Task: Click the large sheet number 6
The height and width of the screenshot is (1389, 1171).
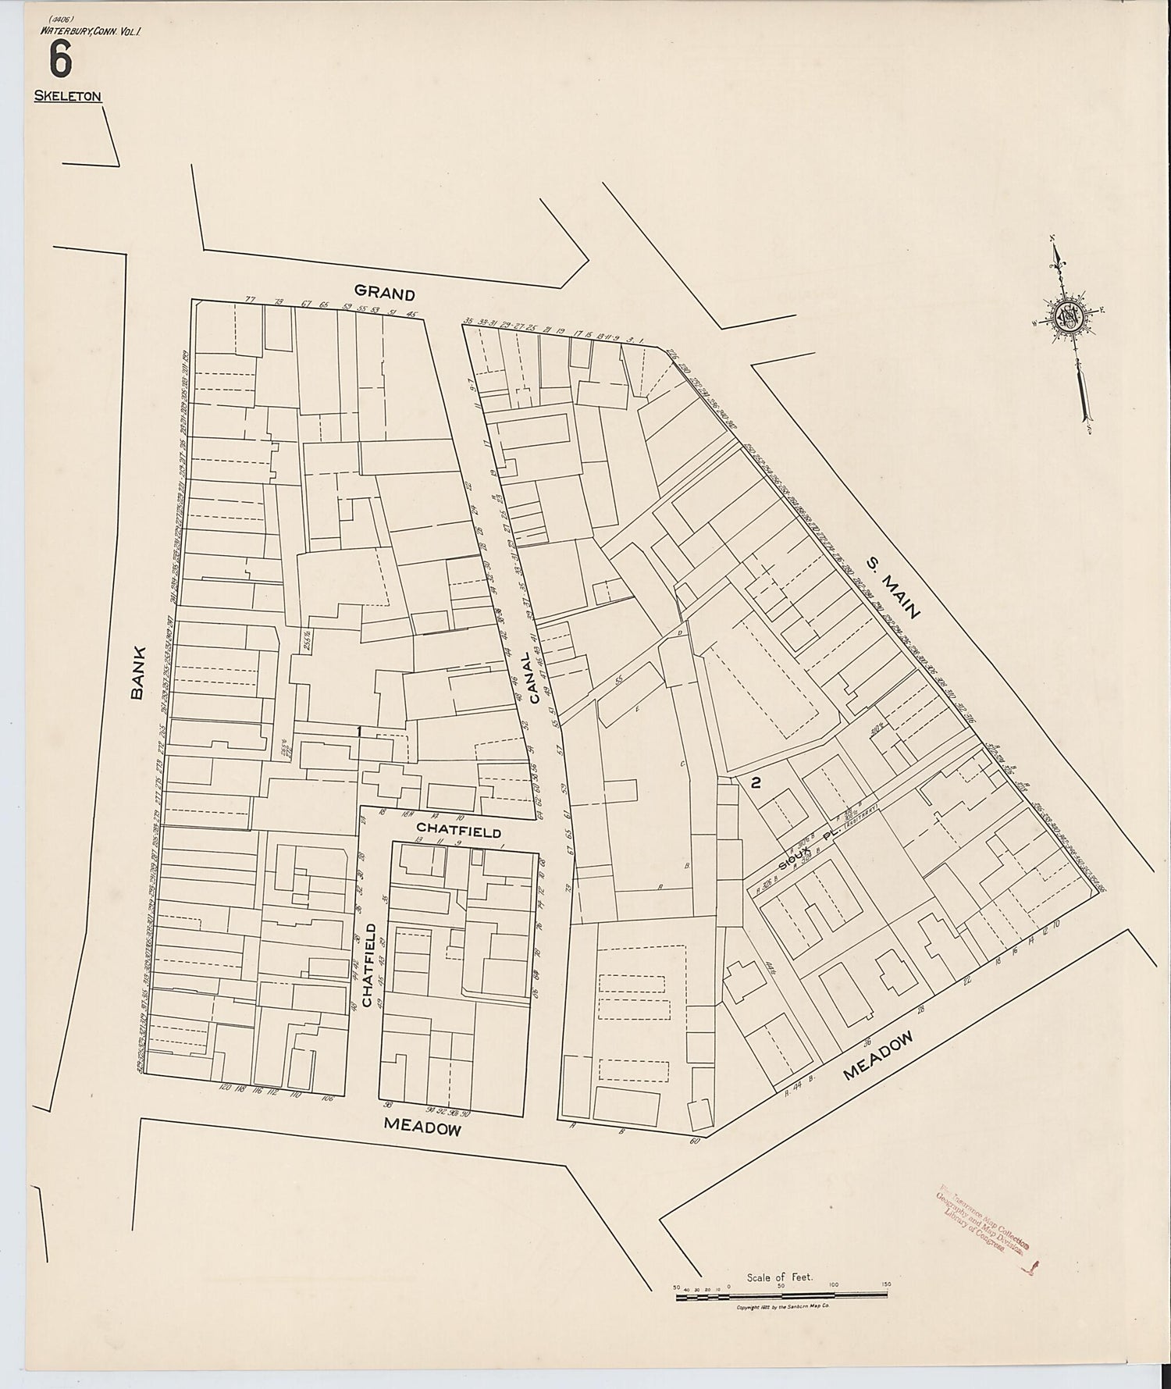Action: coord(59,60)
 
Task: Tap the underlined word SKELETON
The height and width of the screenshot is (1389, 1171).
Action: coord(67,97)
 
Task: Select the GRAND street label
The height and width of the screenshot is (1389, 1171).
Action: coord(384,293)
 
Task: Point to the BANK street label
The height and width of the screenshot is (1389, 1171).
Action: coord(138,671)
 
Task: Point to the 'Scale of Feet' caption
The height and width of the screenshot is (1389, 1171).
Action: coord(780,1277)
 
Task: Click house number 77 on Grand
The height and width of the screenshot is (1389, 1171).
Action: coord(250,300)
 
